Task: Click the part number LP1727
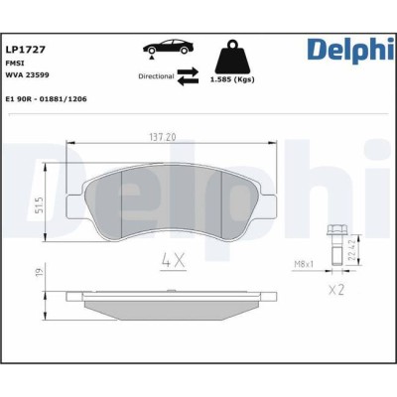(x=26, y=50)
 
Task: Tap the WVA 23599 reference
(x=28, y=75)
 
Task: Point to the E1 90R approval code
(x=47, y=99)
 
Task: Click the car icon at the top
(x=168, y=48)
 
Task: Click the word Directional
(x=156, y=76)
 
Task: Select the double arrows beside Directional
(x=188, y=76)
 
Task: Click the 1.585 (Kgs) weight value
(x=232, y=79)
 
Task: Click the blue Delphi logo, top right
(x=350, y=51)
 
